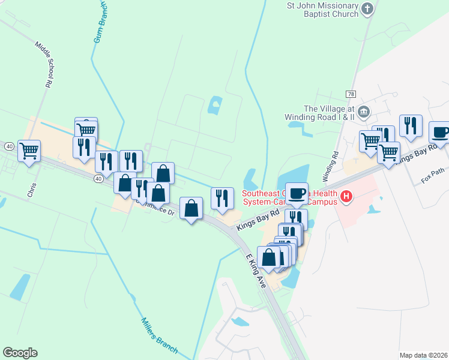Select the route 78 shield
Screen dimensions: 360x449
(351, 95)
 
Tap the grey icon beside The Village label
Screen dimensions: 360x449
(363, 112)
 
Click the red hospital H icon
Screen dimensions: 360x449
(346, 196)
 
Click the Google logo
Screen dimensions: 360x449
(20, 353)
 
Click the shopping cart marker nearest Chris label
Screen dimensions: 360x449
(29, 151)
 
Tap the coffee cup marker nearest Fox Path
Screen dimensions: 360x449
(439, 132)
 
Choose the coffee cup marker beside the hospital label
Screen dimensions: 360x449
(297, 193)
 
